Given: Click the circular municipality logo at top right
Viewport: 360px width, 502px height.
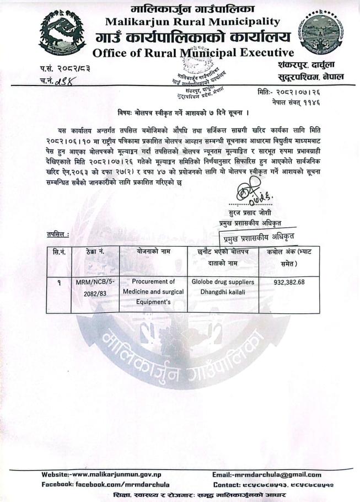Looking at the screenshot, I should pyautogui.click(x=321, y=32).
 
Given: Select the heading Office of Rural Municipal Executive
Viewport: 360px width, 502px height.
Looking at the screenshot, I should pyautogui.click(x=193, y=53).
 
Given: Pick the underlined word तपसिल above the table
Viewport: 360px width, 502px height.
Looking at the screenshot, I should pyautogui.click(x=57, y=236).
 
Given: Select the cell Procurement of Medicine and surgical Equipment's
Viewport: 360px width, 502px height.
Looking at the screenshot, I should pyautogui.click(x=153, y=291).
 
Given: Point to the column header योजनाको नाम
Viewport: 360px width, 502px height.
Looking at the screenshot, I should pyautogui.click(x=153, y=252).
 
